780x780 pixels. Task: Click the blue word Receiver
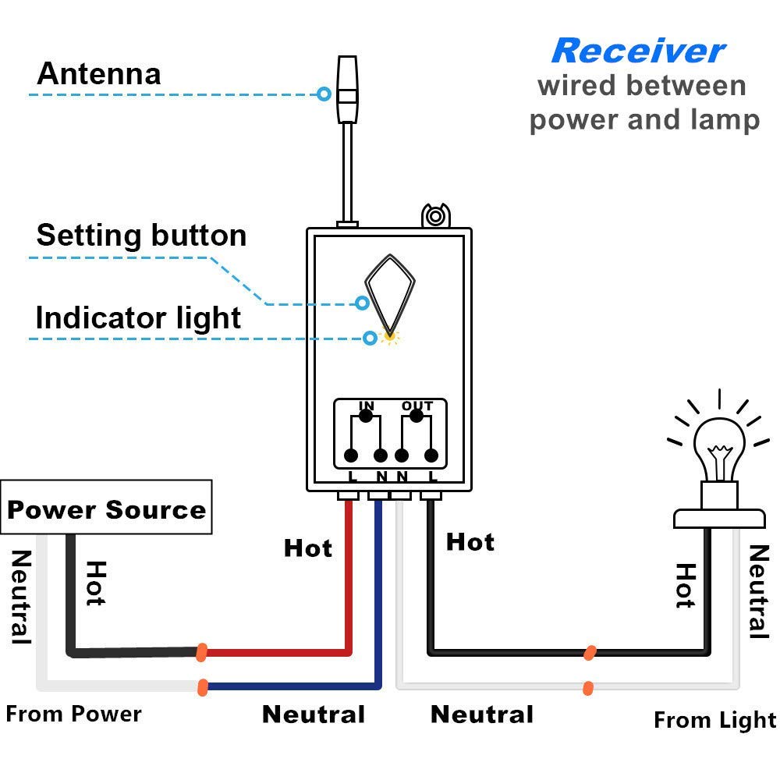637,51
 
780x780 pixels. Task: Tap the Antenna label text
99,74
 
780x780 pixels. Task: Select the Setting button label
141,236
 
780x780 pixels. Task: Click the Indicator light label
138,318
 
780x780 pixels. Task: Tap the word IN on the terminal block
366,406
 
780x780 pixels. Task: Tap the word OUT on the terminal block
417,406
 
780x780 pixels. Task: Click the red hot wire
348,593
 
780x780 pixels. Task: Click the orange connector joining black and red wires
202,651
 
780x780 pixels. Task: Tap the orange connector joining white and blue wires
203,687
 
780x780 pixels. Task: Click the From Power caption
74,714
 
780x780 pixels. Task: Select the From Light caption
714,720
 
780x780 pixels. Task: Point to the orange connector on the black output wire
590,652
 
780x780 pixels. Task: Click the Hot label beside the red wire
308,548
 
